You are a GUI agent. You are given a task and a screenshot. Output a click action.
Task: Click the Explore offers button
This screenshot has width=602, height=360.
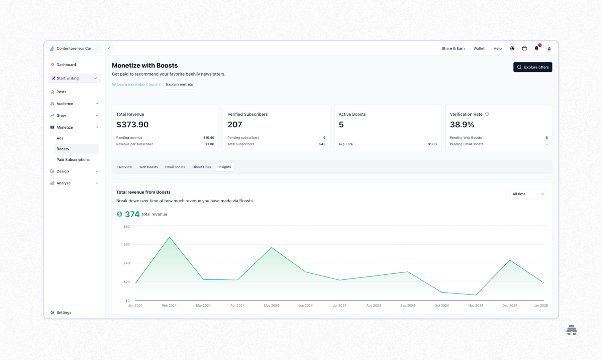click(x=532, y=67)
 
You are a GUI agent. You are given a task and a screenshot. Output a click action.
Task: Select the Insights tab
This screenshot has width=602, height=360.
click(x=224, y=167)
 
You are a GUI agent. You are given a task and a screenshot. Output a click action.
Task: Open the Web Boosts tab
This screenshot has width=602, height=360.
click(x=148, y=167)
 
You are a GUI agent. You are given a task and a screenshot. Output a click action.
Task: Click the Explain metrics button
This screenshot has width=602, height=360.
click(x=179, y=84)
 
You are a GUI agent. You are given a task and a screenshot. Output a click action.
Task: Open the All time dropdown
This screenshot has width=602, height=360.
click(x=528, y=194)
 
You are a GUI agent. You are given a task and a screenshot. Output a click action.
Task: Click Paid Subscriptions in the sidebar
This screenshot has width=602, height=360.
click(x=73, y=159)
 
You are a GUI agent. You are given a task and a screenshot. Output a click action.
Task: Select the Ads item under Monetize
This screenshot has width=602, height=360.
click(x=60, y=138)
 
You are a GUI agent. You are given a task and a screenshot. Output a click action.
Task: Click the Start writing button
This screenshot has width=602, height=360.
click(x=68, y=78)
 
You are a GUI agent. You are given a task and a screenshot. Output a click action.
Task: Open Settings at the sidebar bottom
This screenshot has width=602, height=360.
click(x=64, y=312)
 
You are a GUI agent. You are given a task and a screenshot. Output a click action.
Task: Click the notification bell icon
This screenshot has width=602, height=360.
click(x=536, y=48)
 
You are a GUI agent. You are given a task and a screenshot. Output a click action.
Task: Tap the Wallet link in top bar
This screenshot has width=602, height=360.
click(x=479, y=48)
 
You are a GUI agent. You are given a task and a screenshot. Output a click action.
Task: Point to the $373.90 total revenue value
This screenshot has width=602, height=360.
click(x=132, y=124)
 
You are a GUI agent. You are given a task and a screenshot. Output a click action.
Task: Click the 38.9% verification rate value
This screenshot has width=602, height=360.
click(x=462, y=124)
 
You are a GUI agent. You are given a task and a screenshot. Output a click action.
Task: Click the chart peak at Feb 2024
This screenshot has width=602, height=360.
click(x=170, y=237)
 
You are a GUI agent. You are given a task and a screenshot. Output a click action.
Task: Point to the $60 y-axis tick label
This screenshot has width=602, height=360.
click(x=126, y=244)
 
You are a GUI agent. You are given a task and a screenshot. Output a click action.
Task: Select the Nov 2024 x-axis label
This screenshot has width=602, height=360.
click(x=475, y=306)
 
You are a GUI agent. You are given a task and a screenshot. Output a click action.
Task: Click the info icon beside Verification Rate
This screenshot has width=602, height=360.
click(x=487, y=114)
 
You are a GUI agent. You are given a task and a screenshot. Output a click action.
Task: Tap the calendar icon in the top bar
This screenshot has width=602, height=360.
click(x=524, y=48)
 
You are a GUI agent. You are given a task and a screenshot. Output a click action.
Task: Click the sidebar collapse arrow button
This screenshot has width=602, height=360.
click(x=109, y=48)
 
